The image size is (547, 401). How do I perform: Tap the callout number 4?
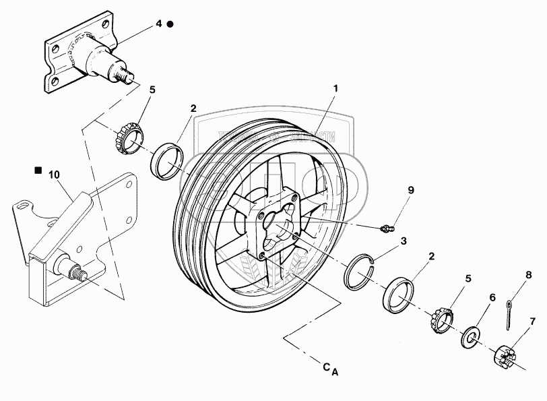click(x=158, y=24)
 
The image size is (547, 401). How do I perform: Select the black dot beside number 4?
click(x=170, y=24)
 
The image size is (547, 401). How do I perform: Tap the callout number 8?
click(x=527, y=275)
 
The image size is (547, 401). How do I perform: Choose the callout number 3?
click(x=403, y=241)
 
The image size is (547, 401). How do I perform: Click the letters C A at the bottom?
click(x=330, y=368)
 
